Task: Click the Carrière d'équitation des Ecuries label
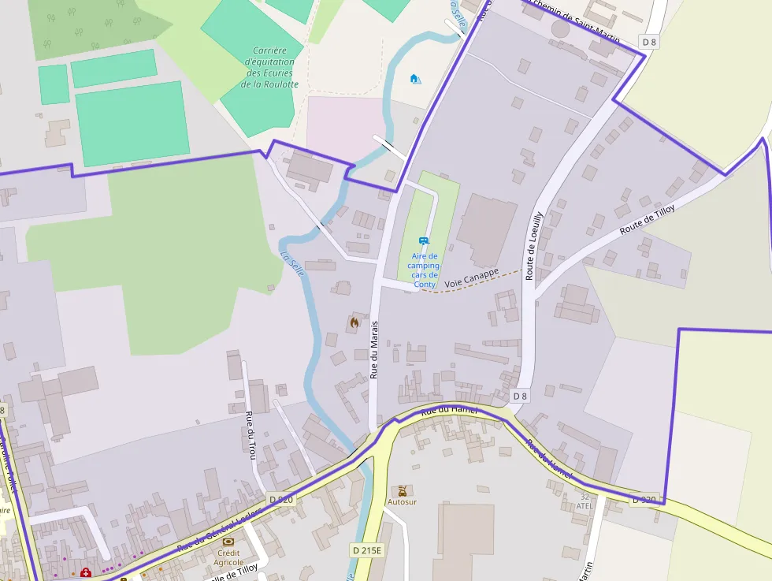[x=269, y=67]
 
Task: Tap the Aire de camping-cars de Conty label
[x=425, y=270]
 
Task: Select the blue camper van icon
[x=424, y=240]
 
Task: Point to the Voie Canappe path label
[x=471, y=277]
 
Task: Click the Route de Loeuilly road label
[x=534, y=245]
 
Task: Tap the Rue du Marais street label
[x=375, y=349]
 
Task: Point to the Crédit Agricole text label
[x=229, y=557]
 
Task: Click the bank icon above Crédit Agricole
[x=228, y=542]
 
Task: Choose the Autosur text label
[x=402, y=501]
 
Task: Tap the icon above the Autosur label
[x=403, y=490]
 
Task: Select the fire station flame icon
[x=354, y=322]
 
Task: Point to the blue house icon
[x=415, y=78]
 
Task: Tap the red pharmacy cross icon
[x=85, y=572]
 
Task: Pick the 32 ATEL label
[x=585, y=501]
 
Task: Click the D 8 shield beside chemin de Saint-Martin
[x=649, y=41]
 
